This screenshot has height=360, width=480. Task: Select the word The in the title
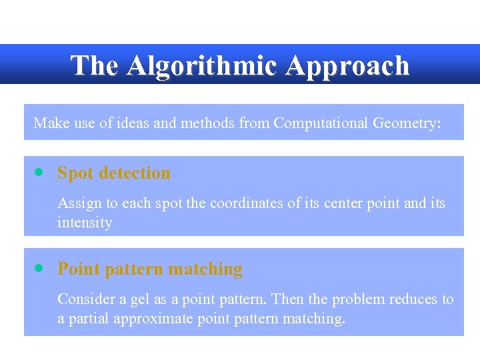coord(95,65)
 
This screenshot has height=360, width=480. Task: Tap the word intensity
coord(85,222)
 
